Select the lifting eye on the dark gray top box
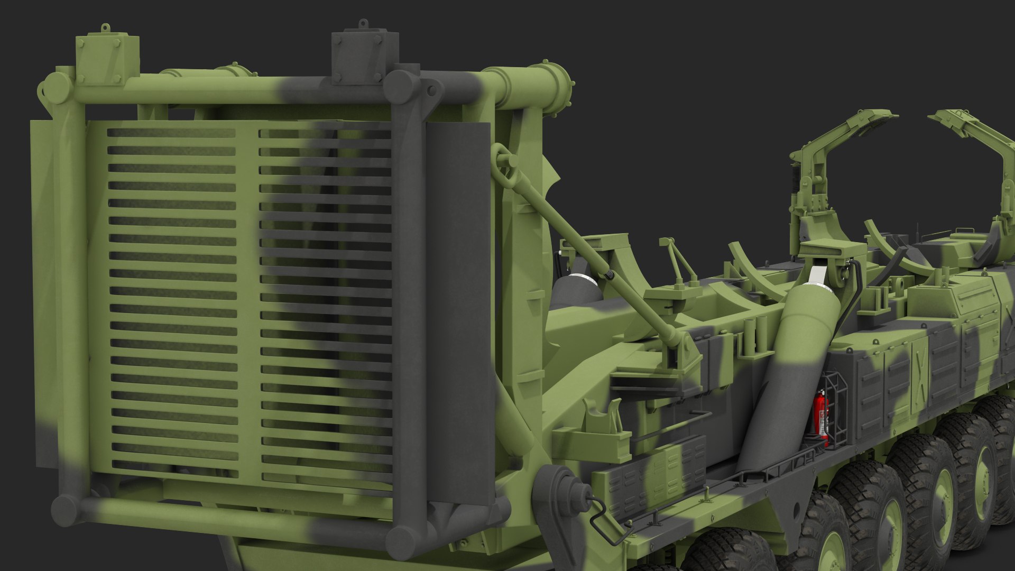pyautogui.click(x=363, y=24)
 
